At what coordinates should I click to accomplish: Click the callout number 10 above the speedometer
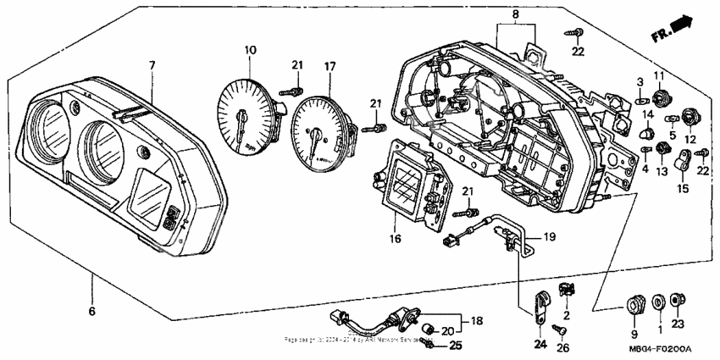tap(249, 51)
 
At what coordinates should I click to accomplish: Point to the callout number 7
tap(152, 65)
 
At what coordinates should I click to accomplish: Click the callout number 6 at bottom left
tap(91, 311)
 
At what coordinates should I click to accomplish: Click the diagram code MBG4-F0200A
tap(661, 349)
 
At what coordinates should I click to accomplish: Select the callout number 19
tap(548, 237)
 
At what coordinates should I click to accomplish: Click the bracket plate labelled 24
tap(540, 307)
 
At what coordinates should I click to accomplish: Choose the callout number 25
tap(455, 345)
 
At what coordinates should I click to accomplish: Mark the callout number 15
tap(682, 188)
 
